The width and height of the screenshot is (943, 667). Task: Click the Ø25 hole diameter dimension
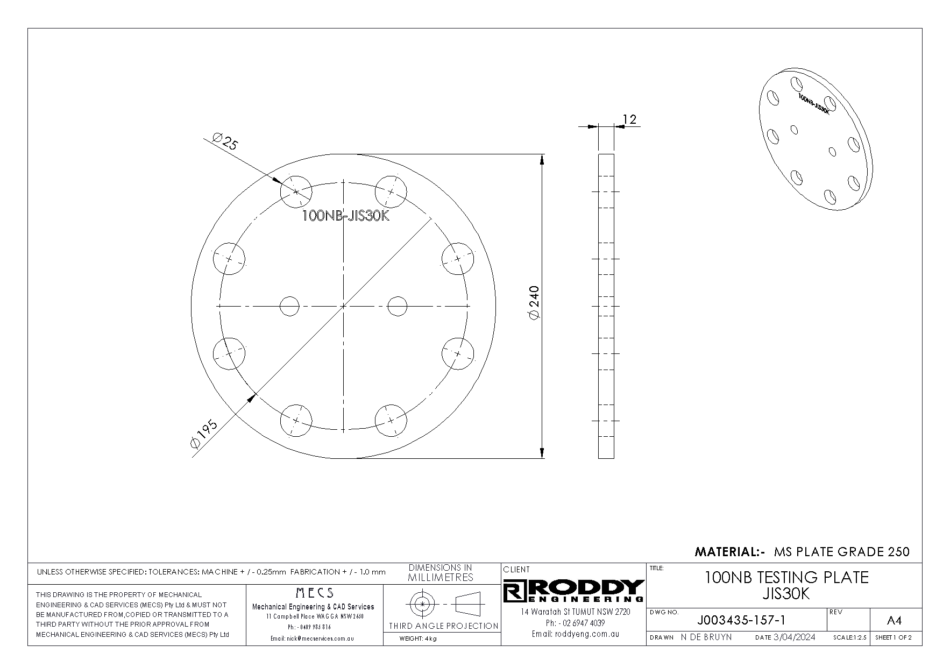(225, 142)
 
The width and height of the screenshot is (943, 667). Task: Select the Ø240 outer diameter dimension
(534, 303)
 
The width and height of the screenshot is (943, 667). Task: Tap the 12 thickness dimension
(629, 119)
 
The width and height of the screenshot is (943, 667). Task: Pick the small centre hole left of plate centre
(289, 306)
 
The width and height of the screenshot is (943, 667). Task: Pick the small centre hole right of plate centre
(398, 306)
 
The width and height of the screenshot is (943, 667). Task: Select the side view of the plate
(606, 306)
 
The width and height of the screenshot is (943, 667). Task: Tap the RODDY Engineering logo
(573, 591)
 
